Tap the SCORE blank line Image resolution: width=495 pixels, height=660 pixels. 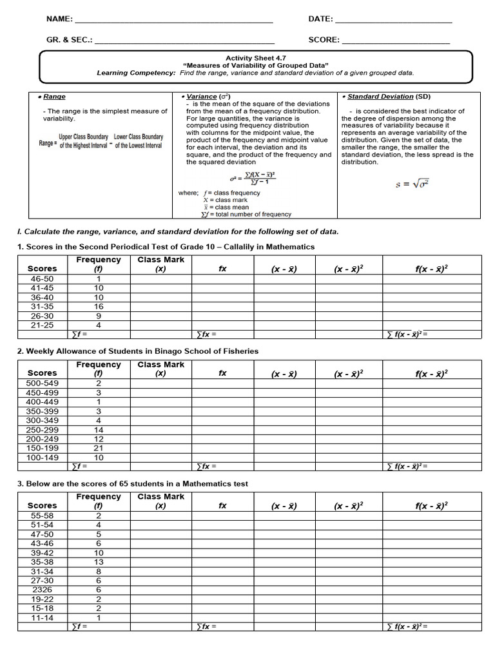coord(395,42)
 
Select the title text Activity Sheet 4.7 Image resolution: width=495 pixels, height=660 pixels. coord(256,58)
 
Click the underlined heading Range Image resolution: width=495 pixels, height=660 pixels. coord(54,97)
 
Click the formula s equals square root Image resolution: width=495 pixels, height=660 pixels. coord(412,184)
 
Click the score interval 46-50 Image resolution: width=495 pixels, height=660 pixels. coord(43,278)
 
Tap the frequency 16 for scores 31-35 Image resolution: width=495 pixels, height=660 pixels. coord(99,307)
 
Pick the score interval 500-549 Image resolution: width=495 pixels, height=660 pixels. coord(43,383)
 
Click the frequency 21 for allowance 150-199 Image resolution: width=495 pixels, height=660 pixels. coord(99,448)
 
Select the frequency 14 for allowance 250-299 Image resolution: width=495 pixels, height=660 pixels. coord(99,429)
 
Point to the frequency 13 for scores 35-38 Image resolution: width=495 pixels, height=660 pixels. coord(99,562)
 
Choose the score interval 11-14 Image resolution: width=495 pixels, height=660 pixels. coord(43,617)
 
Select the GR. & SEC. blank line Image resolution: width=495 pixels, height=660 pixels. coord(184,42)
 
